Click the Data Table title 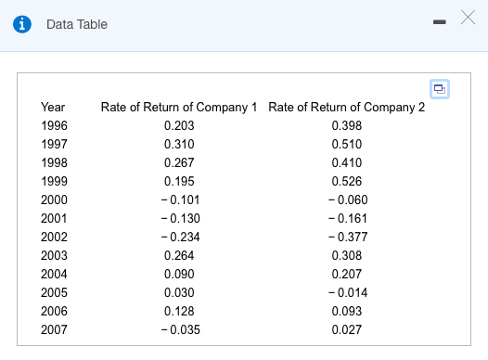(77, 24)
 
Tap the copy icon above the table (438, 88)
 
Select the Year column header (53, 107)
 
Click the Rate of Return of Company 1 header (179, 107)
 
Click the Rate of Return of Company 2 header (346, 107)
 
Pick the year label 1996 (54, 125)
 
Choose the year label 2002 (54, 237)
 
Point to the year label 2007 (54, 329)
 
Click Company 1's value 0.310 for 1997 (178, 144)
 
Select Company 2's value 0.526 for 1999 (346, 181)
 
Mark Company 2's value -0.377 (347, 237)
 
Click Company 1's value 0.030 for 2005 (178, 292)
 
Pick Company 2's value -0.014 (347, 292)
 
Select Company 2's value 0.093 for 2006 (346, 311)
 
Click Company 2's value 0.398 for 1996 (346, 125)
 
